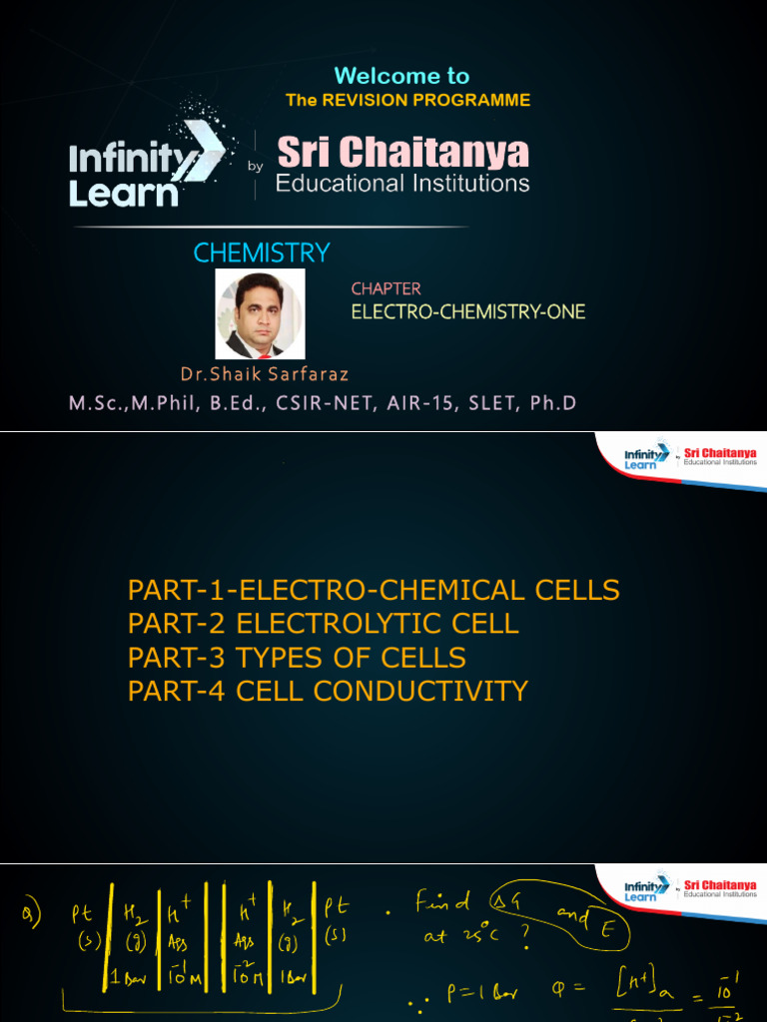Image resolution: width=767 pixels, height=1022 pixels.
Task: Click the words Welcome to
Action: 401,76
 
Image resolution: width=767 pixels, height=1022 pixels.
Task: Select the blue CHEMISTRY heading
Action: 262,254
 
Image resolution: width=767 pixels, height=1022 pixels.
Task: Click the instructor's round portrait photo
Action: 261,315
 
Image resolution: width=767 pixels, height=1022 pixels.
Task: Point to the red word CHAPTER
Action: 385,289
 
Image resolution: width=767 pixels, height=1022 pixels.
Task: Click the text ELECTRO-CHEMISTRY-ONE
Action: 467,312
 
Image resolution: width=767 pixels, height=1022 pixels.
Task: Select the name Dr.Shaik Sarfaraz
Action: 265,375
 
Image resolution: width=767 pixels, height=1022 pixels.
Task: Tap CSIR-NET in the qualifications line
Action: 366,403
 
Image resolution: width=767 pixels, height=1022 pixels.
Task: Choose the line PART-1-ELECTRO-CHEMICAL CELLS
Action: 374,590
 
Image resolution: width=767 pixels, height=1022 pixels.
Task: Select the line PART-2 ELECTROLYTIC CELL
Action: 323,625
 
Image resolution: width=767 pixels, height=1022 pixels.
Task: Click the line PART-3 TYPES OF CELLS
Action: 297,659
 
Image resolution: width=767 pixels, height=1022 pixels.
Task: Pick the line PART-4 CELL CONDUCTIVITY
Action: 328,692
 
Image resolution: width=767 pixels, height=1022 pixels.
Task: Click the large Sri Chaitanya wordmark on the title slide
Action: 402,153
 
